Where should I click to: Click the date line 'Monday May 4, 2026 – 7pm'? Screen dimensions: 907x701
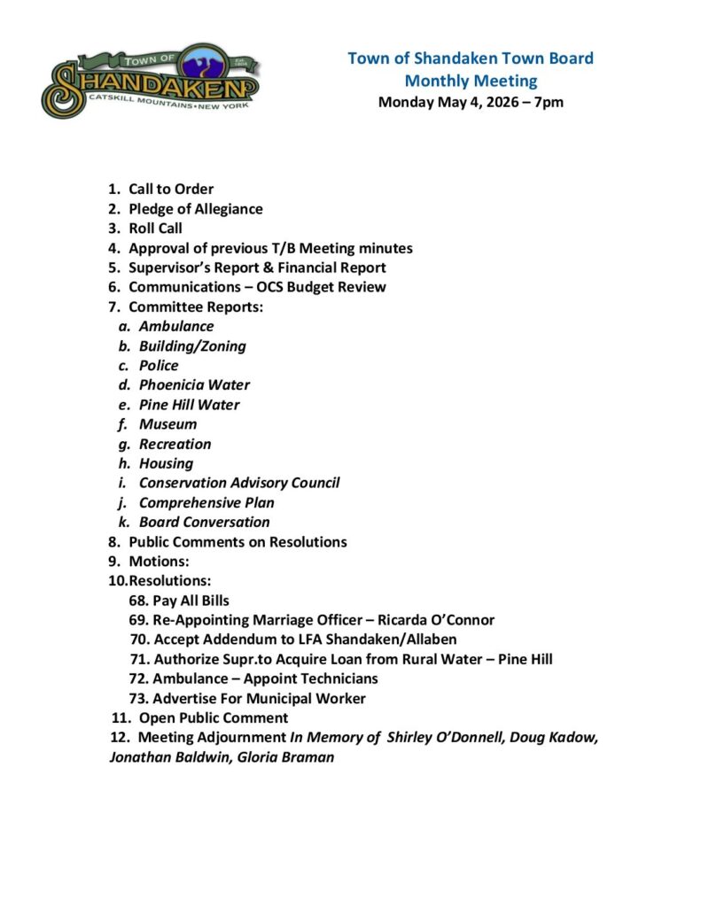pyautogui.click(x=471, y=102)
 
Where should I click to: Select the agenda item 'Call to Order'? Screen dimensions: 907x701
pyautogui.click(x=171, y=189)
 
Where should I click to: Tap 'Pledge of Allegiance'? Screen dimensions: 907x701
pyautogui.click(x=195, y=209)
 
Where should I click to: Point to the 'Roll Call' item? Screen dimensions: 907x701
pyautogui.click(x=155, y=229)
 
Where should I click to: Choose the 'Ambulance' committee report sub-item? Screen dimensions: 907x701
pyautogui.click(x=176, y=326)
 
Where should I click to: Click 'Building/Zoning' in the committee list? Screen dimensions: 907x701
pyautogui.click(x=192, y=346)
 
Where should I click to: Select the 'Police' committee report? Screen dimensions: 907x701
pyautogui.click(x=159, y=366)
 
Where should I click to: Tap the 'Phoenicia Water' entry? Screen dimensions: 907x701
pyautogui.click(x=194, y=385)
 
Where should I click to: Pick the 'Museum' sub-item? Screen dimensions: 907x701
pyautogui.click(x=167, y=424)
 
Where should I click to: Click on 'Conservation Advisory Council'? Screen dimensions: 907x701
pyautogui.click(x=239, y=483)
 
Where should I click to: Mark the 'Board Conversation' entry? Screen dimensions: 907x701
pyautogui.click(x=205, y=522)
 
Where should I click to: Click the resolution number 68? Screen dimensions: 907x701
pyautogui.click(x=137, y=601)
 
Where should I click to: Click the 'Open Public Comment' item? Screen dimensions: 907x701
pyautogui.click(x=213, y=717)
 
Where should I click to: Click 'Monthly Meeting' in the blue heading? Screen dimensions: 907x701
pyautogui.click(x=471, y=81)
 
